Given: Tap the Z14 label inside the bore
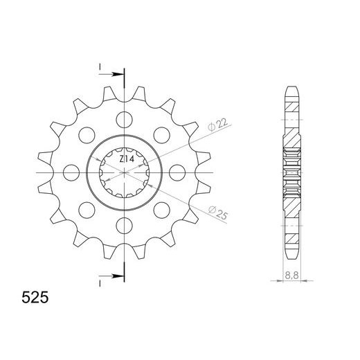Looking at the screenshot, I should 125,159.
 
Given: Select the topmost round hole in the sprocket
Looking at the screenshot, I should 125,118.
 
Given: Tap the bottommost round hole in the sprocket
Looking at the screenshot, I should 125,224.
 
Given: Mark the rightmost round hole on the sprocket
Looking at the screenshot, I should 178,171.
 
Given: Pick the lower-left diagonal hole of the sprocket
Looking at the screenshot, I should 87,208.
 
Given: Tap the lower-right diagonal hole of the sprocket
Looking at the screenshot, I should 162,208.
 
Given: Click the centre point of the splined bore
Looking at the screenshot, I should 125,171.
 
